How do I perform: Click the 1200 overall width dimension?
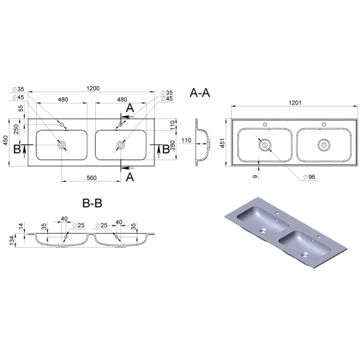93,88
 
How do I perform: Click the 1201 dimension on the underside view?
295,103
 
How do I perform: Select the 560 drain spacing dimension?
91,178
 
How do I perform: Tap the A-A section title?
200,93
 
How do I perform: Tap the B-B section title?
92,203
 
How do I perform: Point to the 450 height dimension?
5,140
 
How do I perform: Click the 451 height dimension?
222,143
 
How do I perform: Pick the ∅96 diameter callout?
309,177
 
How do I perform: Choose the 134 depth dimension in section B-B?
12,240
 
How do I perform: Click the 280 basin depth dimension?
173,145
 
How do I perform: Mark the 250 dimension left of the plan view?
16,129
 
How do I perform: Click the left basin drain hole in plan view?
62,145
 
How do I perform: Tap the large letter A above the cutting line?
130,108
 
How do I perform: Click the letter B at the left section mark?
17,149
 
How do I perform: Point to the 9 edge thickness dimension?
255,176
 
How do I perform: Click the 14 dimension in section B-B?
21,226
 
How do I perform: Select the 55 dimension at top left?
20,108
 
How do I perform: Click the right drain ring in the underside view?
324,145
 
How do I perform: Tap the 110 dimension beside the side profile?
186,140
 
